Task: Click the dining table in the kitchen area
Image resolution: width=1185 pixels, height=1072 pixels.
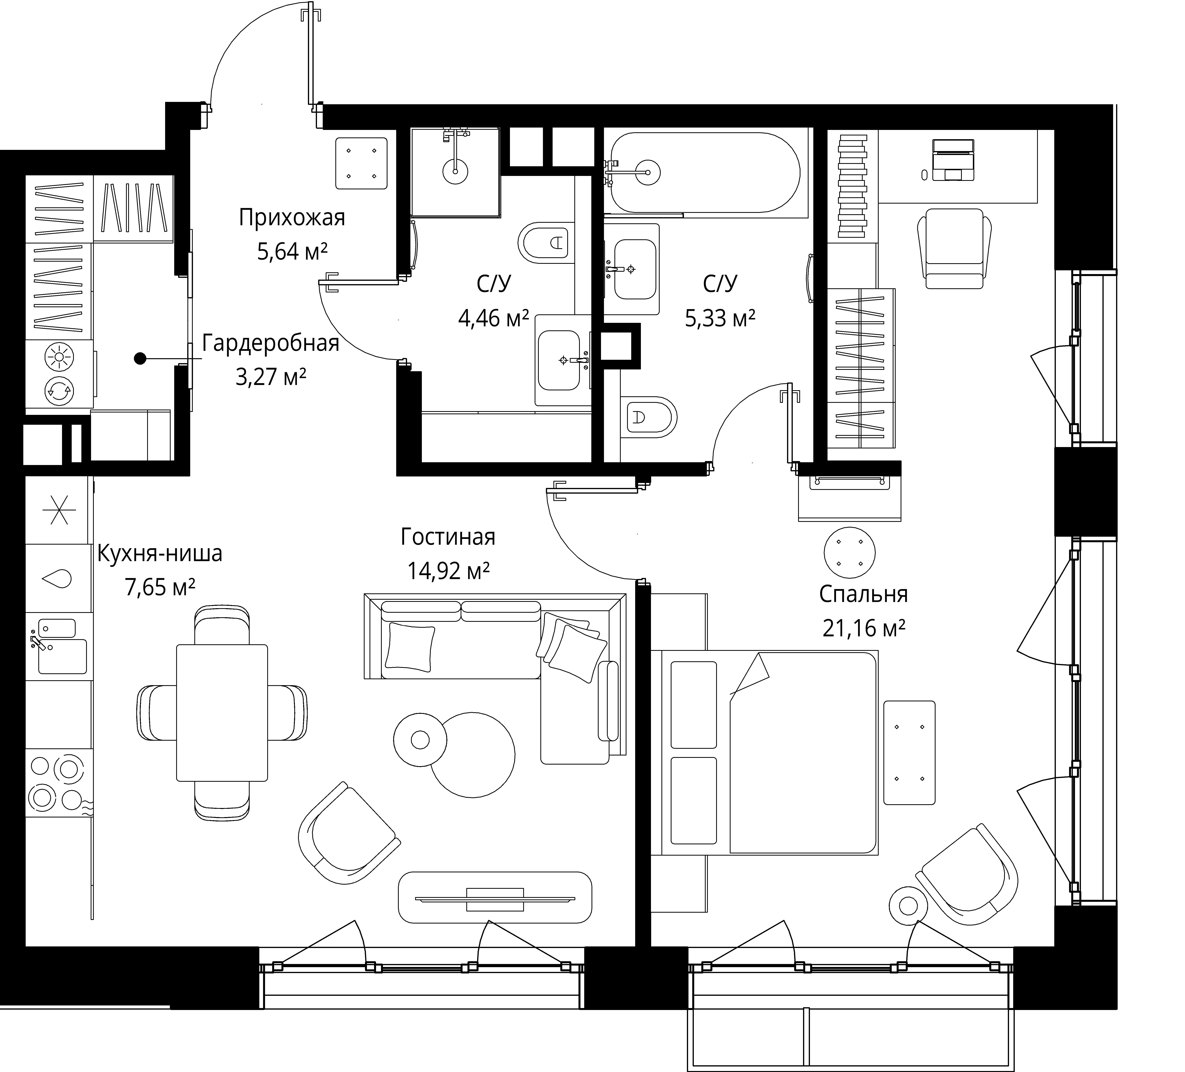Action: tap(222, 712)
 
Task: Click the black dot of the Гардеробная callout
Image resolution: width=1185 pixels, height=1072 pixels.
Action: tap(140, 358)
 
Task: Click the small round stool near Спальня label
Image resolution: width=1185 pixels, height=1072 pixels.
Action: tap(849, 553)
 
